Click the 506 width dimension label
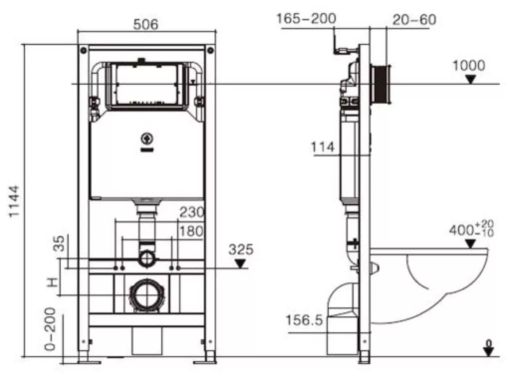point(145,24)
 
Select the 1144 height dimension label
point(15,201)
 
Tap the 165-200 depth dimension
point(306,19)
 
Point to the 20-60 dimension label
point(414,20)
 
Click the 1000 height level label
point(469,66)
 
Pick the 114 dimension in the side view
point(323,147)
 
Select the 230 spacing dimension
point(192,212)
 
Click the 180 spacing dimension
point(191,231)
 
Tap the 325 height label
point(241,249)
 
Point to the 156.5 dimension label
point(304,320)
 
